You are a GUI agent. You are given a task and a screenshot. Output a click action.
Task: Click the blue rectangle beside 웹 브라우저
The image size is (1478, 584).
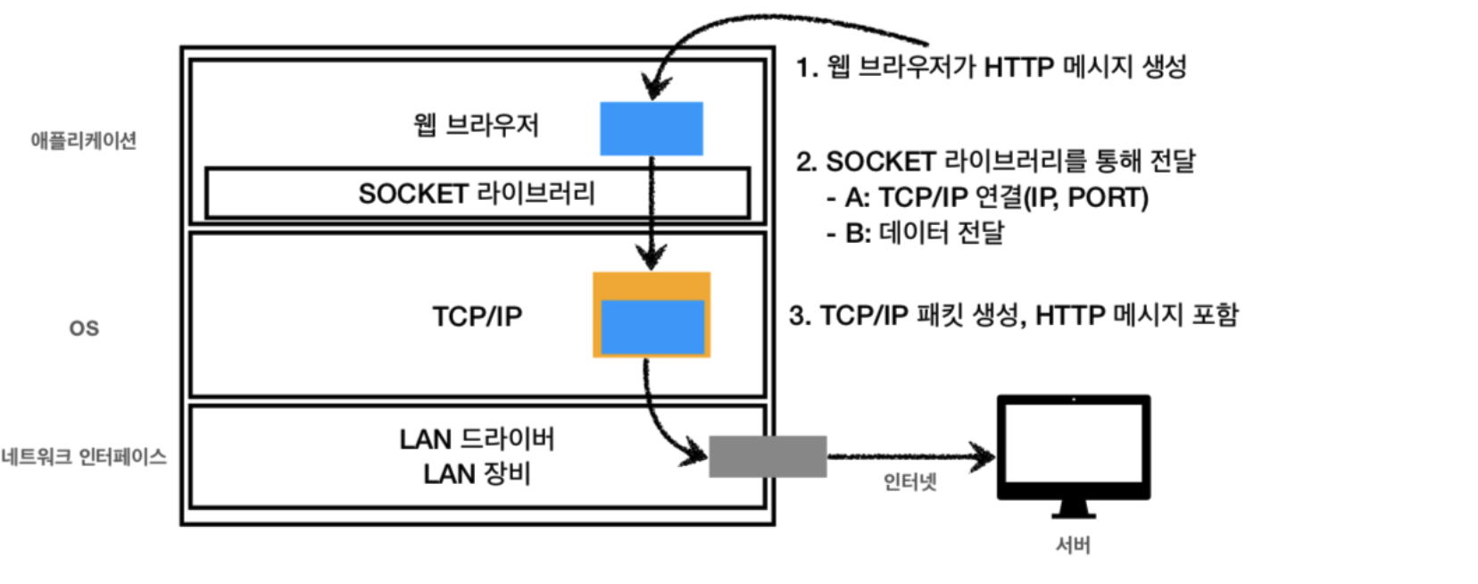[651, 129]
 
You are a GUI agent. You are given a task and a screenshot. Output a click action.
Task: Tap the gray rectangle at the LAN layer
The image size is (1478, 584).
[768, 456]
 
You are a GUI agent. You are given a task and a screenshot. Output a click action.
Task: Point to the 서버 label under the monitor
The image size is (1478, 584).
[1073, 545]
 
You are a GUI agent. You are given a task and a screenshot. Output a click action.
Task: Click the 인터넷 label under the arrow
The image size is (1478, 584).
[909, 482]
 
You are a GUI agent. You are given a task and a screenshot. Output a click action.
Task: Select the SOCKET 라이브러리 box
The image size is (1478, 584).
[477, 193]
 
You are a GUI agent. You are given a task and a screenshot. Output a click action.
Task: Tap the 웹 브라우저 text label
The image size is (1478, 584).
[476, 125]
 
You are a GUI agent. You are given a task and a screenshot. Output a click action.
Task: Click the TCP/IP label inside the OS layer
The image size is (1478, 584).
[477, 316]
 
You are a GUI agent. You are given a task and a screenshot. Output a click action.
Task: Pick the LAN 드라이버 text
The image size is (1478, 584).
[477, 438]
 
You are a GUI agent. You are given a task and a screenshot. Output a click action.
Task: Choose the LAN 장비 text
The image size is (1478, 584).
[477, 473]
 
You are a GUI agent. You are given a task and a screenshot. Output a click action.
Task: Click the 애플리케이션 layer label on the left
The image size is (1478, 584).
[83, 140]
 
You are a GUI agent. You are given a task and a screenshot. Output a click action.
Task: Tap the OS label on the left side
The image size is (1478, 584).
[84, 329]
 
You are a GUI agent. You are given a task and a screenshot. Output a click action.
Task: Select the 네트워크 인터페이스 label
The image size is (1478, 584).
[84, 457]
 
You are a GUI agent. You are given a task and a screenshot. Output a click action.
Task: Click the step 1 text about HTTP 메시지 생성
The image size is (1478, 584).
[991, 67]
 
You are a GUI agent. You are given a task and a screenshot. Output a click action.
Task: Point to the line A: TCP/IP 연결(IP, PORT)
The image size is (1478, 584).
[995, 197]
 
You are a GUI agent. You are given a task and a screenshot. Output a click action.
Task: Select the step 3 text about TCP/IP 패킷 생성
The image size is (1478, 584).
[1013, 315]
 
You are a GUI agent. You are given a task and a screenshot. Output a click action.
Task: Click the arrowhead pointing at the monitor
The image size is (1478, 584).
[985, 457]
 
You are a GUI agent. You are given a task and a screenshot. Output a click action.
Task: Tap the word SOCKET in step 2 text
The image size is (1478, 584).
[879, 162]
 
